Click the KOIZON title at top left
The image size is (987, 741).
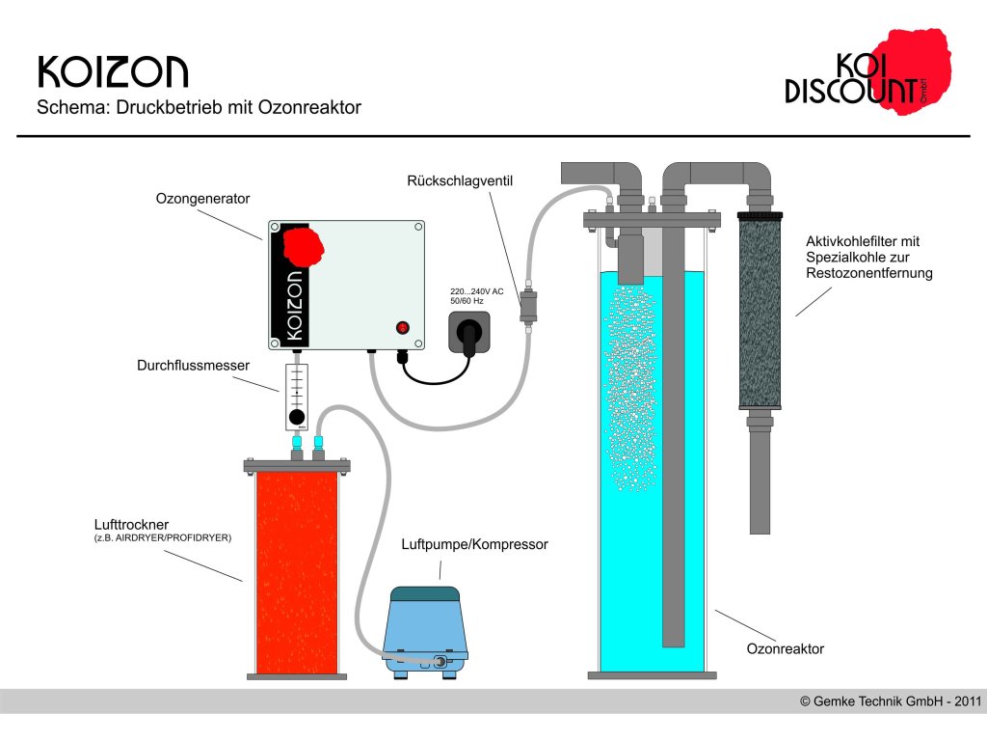coord(113,72)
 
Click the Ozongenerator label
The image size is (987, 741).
coord(202,199)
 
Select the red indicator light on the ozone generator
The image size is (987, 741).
coord(402,328)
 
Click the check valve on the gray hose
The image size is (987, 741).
coord(527,306)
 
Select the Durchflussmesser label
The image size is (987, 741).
coord(193,366)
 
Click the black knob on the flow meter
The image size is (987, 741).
coord(297,417)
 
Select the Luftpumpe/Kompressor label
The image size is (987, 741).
coord(474,544)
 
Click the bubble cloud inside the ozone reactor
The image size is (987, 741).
coord(630,386)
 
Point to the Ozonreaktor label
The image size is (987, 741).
coord(786,649)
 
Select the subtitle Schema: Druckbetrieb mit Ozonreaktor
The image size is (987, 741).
coord(199,108)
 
